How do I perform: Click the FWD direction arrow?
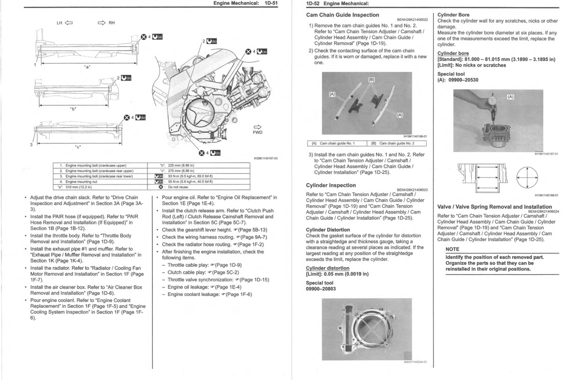tap(258, 127)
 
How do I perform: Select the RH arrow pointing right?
tap(101, 22)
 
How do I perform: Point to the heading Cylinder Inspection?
tap(331, 185)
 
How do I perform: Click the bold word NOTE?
tap(452, 249)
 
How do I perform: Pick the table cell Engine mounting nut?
tap(81, 181)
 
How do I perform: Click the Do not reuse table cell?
tap(178, 187)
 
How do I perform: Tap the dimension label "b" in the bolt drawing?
tap(73, 109)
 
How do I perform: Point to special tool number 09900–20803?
tap(321, 289)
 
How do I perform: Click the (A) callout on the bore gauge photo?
tap(511, 97)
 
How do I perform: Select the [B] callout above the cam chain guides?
tap(371, 79)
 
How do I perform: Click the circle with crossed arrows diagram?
tap(527, 175)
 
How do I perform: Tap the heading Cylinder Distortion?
tap(328, 230)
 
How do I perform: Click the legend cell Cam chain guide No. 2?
tap(396, 143)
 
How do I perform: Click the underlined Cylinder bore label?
tap(453, 53)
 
